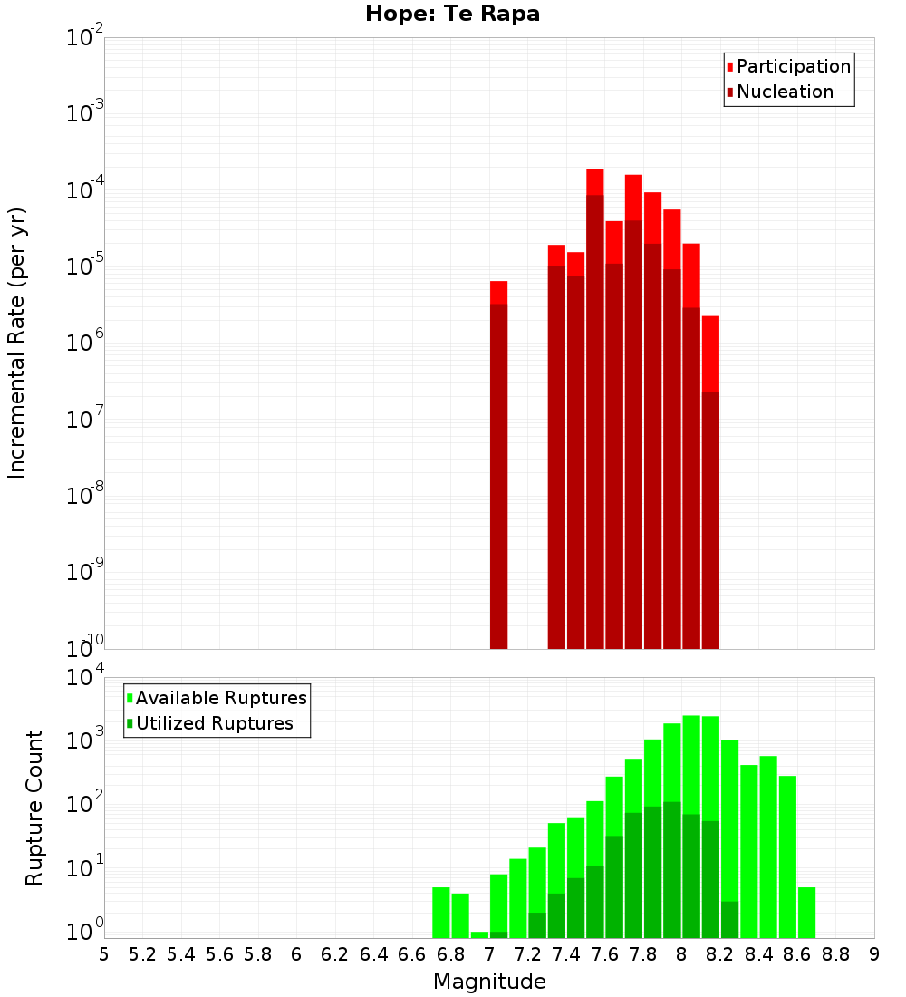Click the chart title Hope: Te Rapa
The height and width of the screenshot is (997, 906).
(x=452, y=15)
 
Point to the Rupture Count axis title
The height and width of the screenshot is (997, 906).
(x=34, y=807)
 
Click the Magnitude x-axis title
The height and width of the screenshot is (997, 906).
(x=489, y=982)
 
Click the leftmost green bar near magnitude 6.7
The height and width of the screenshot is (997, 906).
(x=441, y=913)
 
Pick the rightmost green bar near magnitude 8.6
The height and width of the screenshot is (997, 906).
(x=806, y=913)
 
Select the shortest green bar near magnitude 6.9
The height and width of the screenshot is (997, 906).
(x=479, y=934)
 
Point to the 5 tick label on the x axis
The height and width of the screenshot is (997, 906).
(x=104, y=954)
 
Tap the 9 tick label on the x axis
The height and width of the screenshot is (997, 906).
(x=874, y=954)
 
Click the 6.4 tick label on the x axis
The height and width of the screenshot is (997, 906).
(x=373, y=954)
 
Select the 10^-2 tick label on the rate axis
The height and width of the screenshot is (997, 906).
(x=85, y=38)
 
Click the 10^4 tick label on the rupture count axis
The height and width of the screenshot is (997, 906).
(x=85, y=678)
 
